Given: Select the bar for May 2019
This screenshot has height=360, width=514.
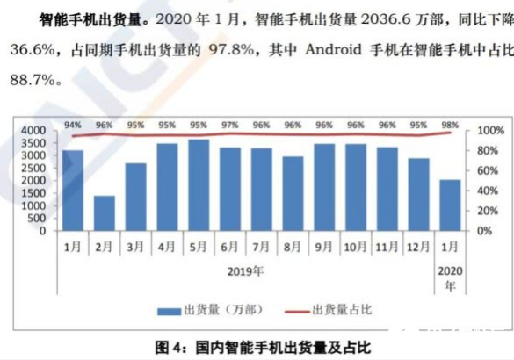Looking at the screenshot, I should tap(199, 184).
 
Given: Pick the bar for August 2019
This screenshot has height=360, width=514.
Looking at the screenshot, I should tap(293, 193).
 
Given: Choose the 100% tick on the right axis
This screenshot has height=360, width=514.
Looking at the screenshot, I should tap(489, 131).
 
